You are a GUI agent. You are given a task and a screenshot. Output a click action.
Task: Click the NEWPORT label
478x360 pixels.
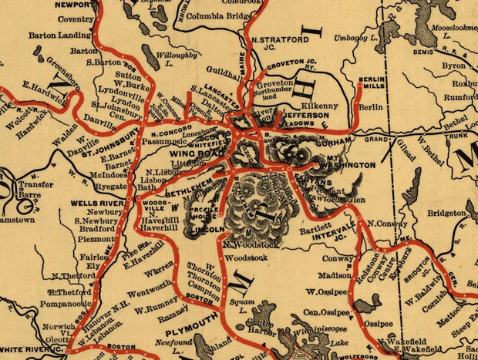tap(58, 5)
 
